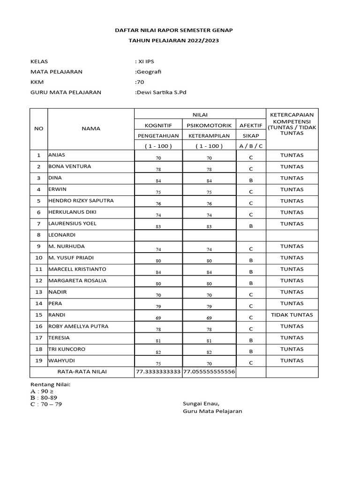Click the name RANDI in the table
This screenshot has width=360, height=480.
click(x=56, y=315)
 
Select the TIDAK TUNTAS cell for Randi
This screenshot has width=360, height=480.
click(x=292, y=315)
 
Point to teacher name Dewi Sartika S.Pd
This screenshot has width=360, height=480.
click(x=160, y=92)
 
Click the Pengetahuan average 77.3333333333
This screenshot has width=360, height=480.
click(x=158, y=372)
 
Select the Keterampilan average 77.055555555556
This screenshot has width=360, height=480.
click(x=209, y=372)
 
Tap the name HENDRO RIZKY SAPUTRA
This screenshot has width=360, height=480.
click(x=81, y=201)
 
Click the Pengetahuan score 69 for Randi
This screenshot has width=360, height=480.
click(x=158, y=318)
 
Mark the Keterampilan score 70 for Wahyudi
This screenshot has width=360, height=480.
click(x=209, y=363)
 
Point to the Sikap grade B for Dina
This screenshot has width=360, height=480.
click(x=251, y=180)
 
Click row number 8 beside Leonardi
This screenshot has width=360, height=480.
click(x=39, y=235)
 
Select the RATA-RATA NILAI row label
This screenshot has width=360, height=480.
click(x=82, y=372)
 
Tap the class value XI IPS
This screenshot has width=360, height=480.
click(x=147, y=61)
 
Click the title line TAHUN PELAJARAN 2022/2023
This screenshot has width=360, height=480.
click(x=173, y=41)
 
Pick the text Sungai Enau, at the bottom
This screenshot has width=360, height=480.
click(x=201, y=403)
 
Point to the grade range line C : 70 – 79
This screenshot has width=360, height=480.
click(x=46, y=405)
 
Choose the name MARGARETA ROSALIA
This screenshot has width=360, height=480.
click(x=77, y=281)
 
